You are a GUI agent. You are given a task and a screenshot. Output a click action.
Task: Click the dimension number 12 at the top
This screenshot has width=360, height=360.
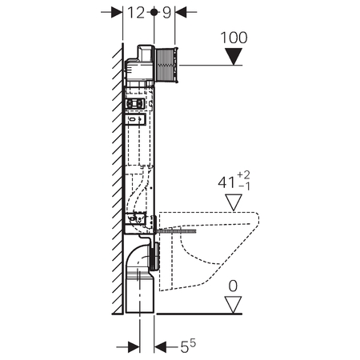[x=136, y=13]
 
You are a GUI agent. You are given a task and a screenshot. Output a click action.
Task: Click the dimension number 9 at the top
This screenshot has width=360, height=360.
[x=166, y=13]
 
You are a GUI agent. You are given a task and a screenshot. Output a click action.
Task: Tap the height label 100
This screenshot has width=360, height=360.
[x=234, y=38]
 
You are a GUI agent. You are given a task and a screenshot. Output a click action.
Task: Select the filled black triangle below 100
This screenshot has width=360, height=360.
[x=234, y=56]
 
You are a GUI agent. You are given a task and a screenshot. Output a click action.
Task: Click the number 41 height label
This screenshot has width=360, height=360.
[x=226, y=182]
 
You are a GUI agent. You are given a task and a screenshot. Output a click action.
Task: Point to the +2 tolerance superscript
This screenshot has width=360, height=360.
[x=243, y=175]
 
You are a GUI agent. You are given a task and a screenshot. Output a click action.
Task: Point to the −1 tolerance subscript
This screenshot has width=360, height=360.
[x=245, y=186]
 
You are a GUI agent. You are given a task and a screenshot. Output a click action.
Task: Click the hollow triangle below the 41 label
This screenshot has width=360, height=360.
[x=234, y=202]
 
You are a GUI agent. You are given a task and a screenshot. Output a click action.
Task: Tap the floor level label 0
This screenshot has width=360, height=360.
[x=233, y=286]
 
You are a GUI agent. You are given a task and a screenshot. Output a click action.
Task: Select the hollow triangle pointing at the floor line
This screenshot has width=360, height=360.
[x=233, y=305]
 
